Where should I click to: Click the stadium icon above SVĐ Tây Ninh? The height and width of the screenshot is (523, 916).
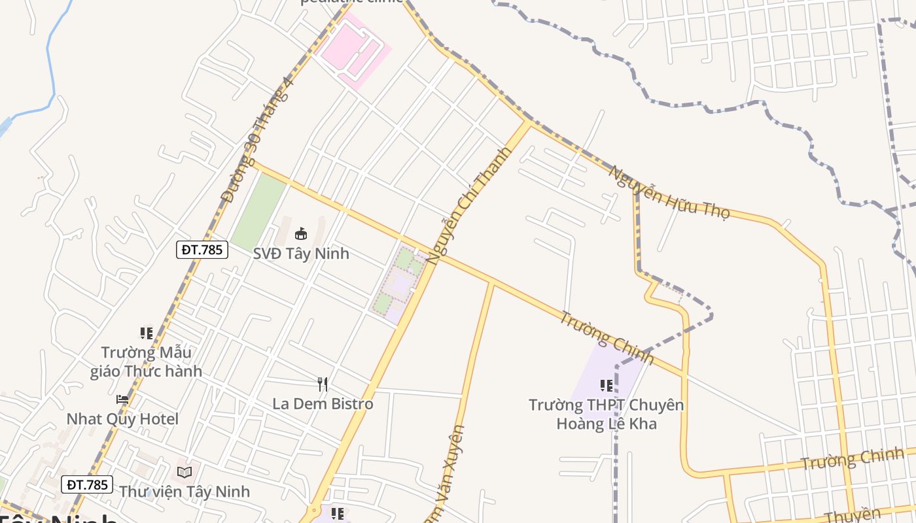(301, 233)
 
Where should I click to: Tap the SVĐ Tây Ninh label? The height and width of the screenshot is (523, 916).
(301, 254)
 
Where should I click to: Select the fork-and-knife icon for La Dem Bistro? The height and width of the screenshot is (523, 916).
(322, 384)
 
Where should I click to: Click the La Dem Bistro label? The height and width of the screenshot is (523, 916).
(323, 404)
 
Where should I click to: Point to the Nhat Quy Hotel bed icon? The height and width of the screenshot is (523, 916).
(122, 399)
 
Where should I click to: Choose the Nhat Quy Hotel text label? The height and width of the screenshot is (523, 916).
(122, 419)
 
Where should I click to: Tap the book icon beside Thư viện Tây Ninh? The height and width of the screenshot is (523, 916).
(185, 472)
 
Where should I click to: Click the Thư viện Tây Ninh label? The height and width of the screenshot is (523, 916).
(185, 491)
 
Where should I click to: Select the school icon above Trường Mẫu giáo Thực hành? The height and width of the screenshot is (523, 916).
(147, 333)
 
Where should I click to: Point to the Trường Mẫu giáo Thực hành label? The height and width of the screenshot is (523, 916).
(146, 362)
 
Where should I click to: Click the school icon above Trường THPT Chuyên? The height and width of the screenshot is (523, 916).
(606, 386)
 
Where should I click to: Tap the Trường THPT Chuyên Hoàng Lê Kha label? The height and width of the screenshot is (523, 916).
(607, 414)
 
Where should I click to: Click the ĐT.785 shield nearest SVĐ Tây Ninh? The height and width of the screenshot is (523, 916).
(202, 250)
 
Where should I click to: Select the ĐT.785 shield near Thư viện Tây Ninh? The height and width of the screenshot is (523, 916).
(88, 484)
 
